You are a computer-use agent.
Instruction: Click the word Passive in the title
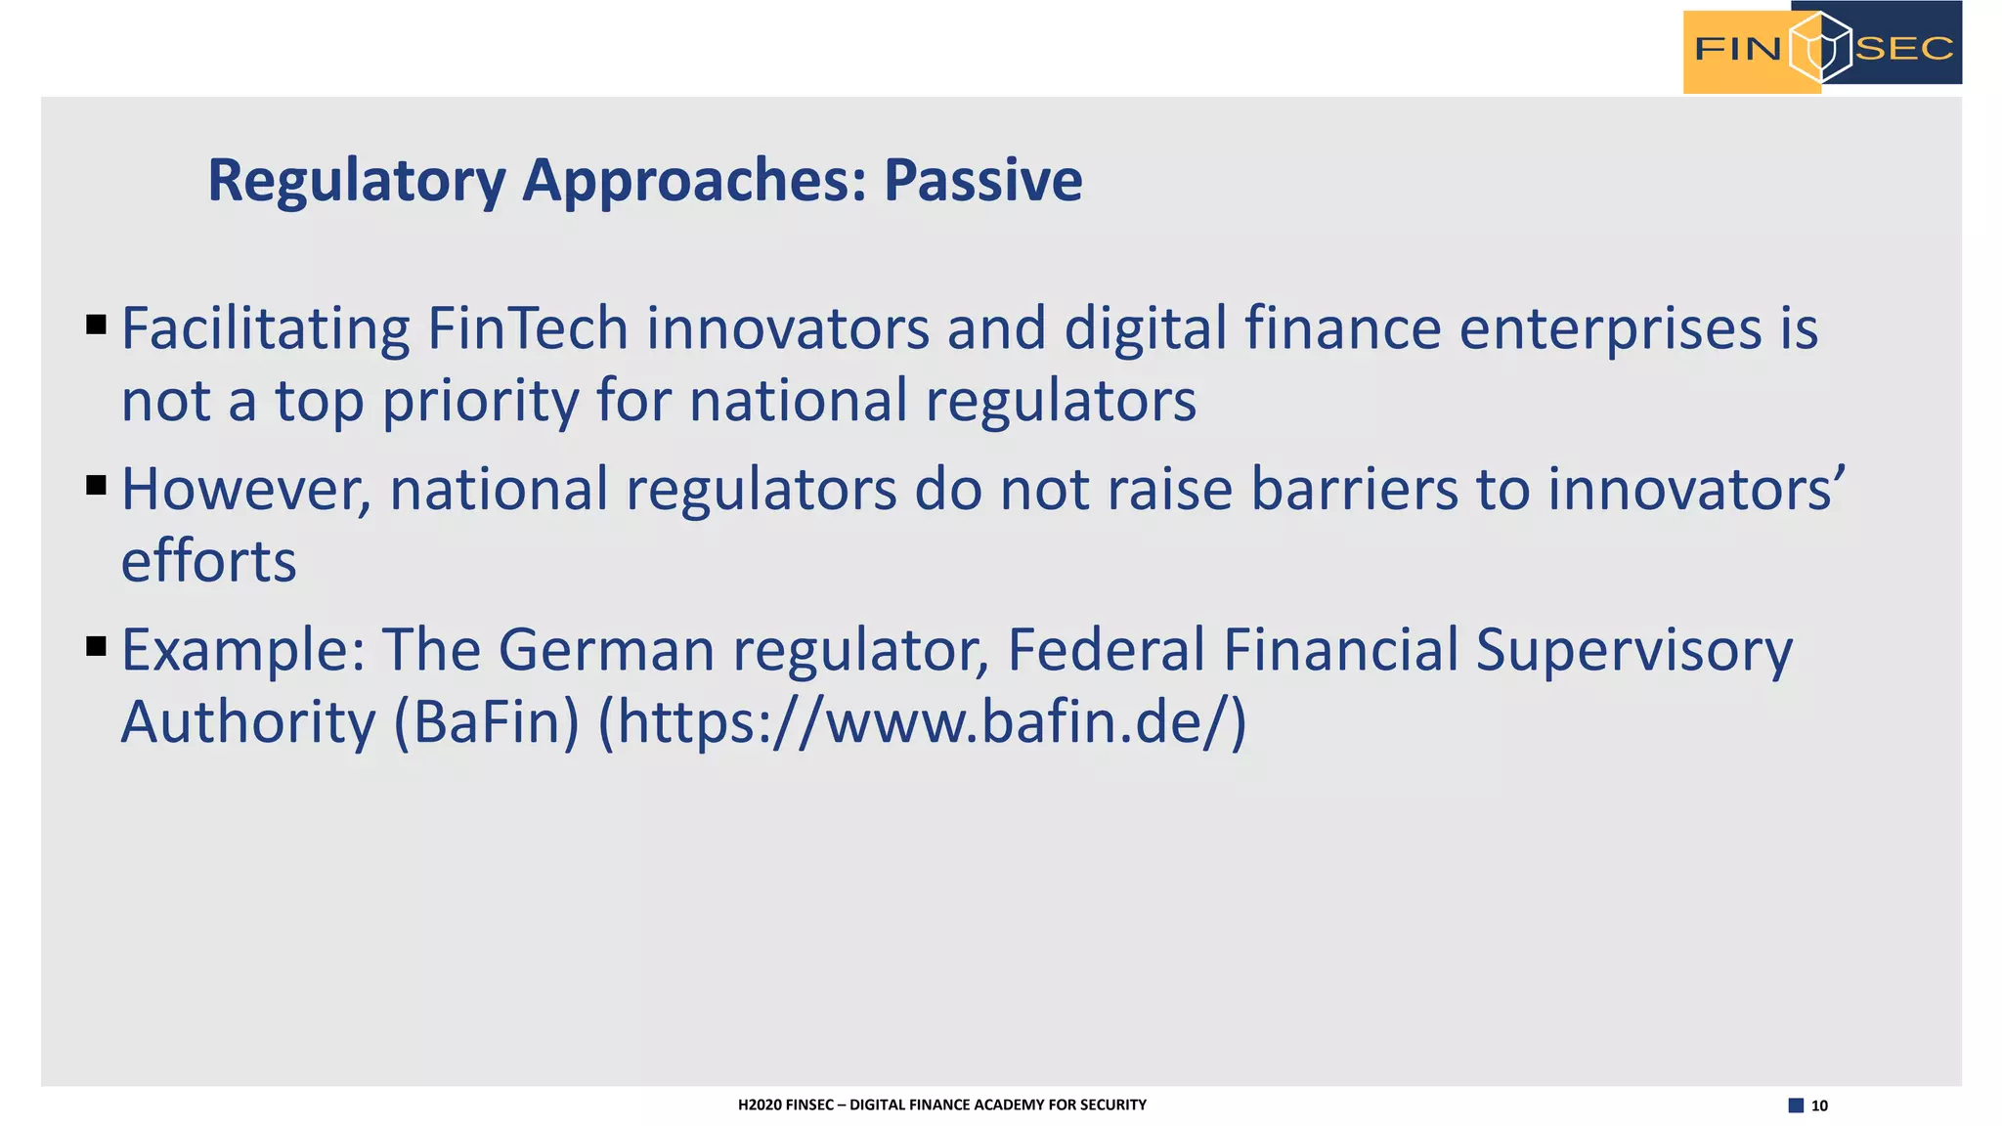tap(982, 181)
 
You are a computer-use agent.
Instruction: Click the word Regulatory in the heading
tap(356, 182)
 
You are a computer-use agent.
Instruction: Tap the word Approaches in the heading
tap(694, 182)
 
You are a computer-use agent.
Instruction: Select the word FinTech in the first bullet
tap(527, 328)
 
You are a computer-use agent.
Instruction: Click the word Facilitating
tap(265, 330)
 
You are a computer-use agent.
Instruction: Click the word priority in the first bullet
tap(480, 403)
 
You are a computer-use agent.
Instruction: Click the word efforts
tap(208, 562)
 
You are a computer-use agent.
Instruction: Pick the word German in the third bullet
tap(606, 651)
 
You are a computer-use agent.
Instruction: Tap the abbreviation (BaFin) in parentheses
tap(486, 723)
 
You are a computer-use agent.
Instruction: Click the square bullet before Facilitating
tap(96, 325)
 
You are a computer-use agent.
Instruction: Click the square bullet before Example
tap(96, 646)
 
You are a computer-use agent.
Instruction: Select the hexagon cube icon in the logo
tap(1820, 47)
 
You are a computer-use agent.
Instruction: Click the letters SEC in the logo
tap(1903, 48)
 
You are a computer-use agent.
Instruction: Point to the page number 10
tap(1818, 1105)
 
